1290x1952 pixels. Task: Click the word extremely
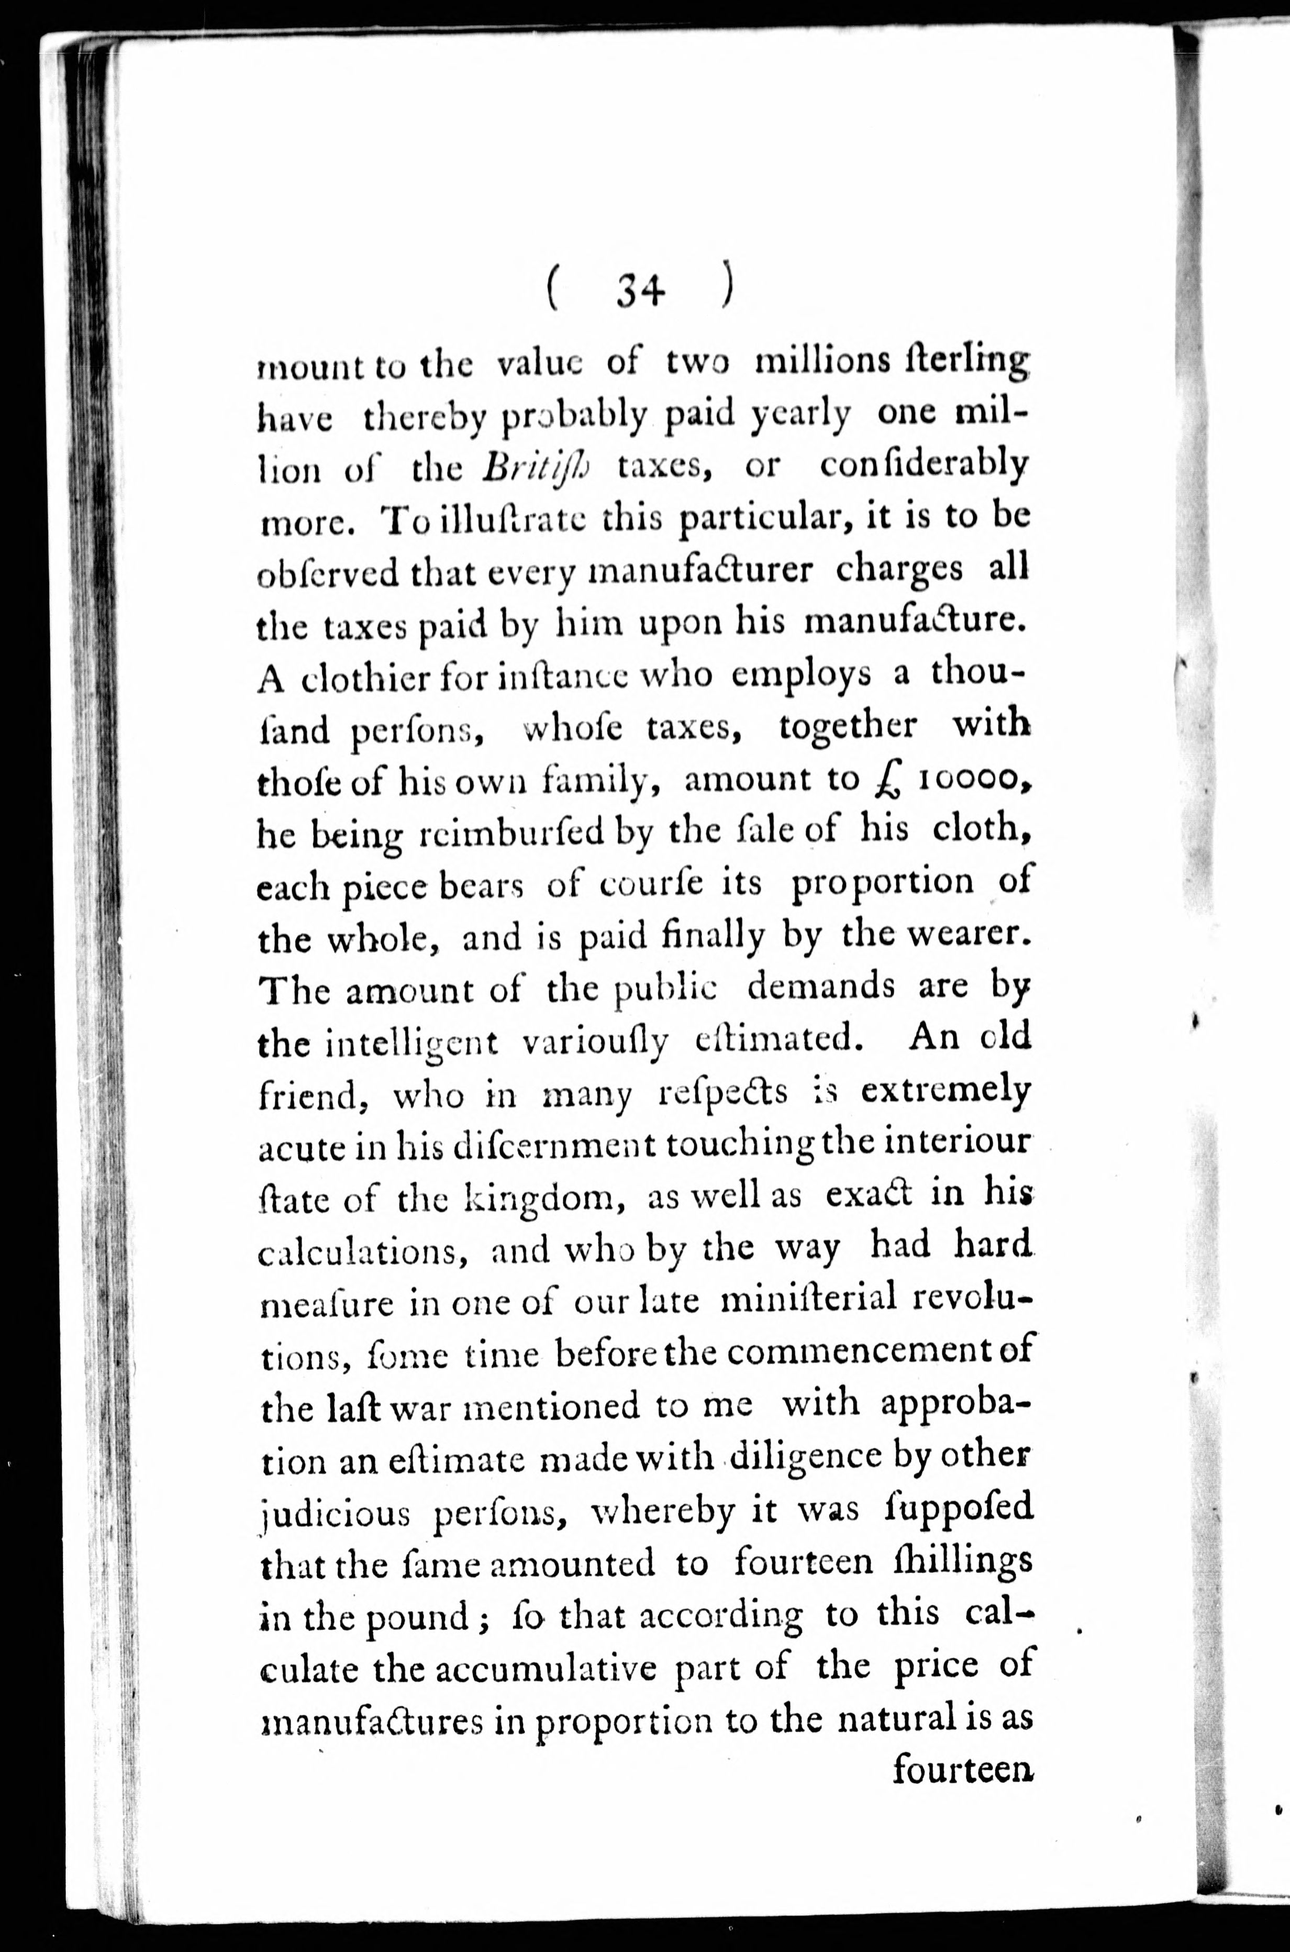(x=946, y=1092)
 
